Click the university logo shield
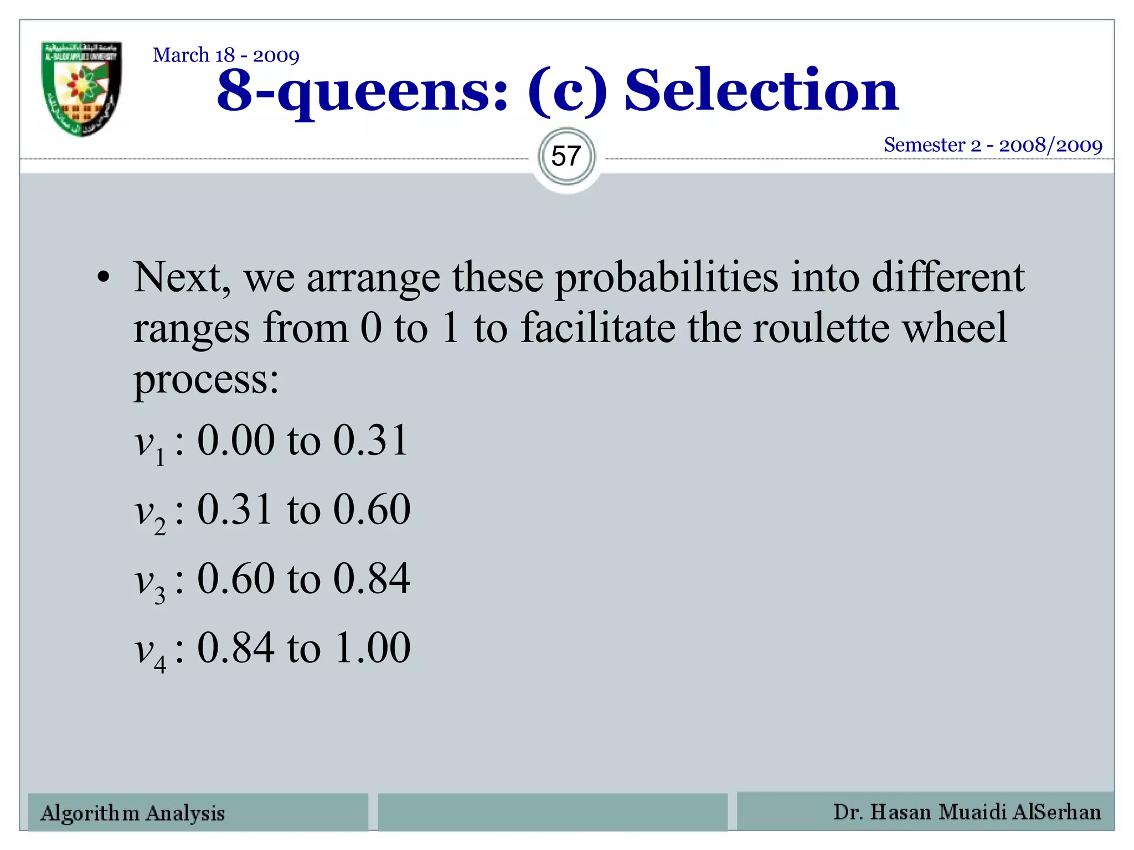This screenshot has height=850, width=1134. pos(82,89)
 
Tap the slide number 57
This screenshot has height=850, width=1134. pos(566,157)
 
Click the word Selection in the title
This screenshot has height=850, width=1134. pos(761,90)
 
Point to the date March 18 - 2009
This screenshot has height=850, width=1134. pos(226,55)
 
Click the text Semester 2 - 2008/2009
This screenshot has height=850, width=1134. pos(993,145)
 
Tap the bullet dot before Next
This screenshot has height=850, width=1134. pos(103,278)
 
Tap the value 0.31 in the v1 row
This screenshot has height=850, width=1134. pos(370,440)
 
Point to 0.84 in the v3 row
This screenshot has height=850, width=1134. pos(372,579)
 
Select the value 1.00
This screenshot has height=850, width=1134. pos(373,647)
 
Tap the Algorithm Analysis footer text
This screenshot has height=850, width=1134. pos(133,813)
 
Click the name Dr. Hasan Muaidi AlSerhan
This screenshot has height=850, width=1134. pos(967,812)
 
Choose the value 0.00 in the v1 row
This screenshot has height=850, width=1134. pos(236,440)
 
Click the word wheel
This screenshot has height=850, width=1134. pos(955,328)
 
